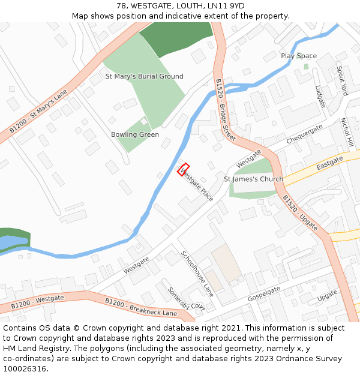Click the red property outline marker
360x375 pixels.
click(x=184, y=170)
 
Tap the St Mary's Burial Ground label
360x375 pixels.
click(x=145, y=77)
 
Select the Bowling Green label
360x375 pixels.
click(x=135, y=135)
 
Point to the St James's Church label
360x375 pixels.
click(x=253, y=179)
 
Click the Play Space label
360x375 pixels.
click(x=299, y=56)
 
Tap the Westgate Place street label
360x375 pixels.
click(x=197, y=185)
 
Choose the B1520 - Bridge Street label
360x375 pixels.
click(x=225, y=110)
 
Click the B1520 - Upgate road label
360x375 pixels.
click(x=299, y=213)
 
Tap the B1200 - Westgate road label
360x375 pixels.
click(x=37, y=302)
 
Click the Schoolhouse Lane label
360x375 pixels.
click(x=197, y=274)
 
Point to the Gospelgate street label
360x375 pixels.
click(x=264, y=295)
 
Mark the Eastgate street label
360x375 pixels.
click(x=329, y=163)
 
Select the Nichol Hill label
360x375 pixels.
click(x=346, y=133)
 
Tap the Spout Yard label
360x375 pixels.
click(x=341, y=81)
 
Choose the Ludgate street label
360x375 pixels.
click(x=320, y=97)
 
